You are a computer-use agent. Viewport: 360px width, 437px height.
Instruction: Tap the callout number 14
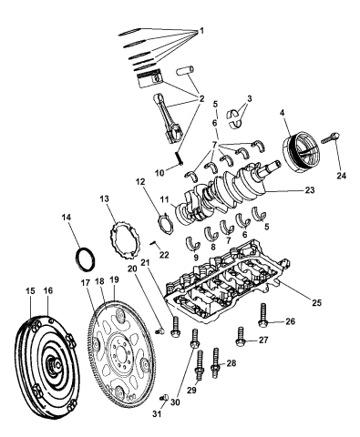[66, 242]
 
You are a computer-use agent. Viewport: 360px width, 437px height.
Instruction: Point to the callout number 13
[105, 198]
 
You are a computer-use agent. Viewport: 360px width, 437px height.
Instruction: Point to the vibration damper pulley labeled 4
[300, 146]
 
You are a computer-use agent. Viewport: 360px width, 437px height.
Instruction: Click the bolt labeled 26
[264, 317]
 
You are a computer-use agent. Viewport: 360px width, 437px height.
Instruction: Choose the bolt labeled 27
[241, 340]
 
